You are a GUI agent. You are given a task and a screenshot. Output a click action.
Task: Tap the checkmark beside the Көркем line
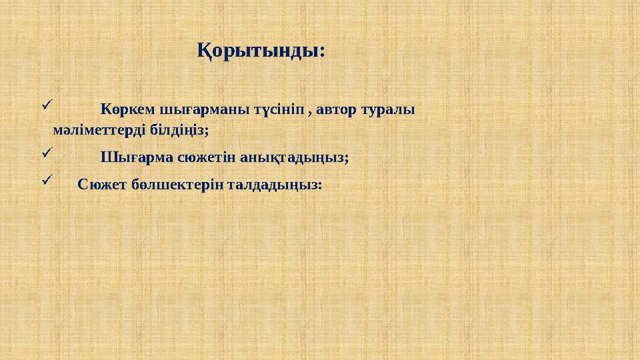point(46,105)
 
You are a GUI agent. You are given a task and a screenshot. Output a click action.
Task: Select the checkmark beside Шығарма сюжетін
point(46,154)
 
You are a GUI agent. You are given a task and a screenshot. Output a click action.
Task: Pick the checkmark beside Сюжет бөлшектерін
point(46,181)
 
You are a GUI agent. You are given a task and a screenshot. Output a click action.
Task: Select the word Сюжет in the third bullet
point(98,185)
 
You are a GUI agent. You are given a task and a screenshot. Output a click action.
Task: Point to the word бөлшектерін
point(173,185)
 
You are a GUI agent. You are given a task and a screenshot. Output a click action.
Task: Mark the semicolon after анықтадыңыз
point(347,159)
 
